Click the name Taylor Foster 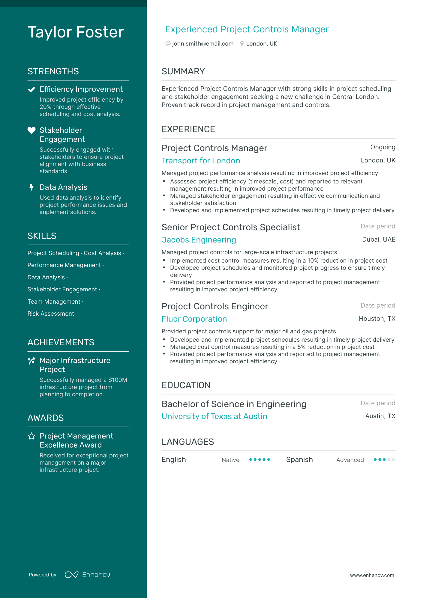[76, 32]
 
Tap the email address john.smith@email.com [203, 44]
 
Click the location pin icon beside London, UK [242, 44]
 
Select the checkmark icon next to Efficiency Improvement [31, 90]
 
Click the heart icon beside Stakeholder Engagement [31, 130]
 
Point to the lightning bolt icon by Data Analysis [31, 188]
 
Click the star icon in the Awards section [31, 436]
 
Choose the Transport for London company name [201, 161]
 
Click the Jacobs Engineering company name [199, 240]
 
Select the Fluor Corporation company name [194, 319]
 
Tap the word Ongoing [382, 147]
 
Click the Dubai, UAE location [379, 239]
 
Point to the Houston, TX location [377, 319]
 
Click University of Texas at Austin [214, 416]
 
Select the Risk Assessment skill [51, 314]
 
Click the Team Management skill [54, 302]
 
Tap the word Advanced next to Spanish [350, 460]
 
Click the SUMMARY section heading [183, 71]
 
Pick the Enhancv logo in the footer [87, 575]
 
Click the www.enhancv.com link [372, 575]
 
